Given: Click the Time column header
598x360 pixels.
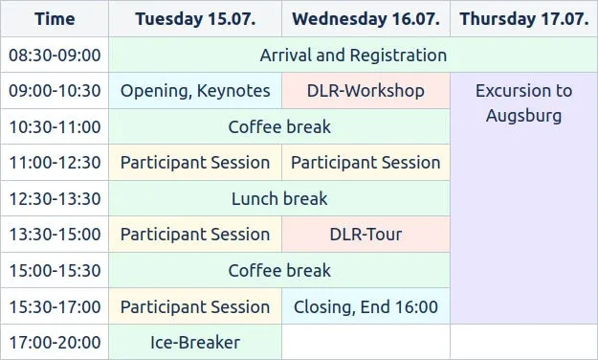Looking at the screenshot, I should pyautogui.click(x=55, y=19).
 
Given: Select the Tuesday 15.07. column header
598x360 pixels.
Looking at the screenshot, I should pyautogui.click(x=195, y=19).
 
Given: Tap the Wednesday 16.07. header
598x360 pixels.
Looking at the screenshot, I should pyautogui.click(x=365, y=19).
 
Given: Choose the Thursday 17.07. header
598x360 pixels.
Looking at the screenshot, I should pyautogui.click(x=523, y=19).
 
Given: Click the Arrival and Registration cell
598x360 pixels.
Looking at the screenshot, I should pyautogui.click(x=353, y=56).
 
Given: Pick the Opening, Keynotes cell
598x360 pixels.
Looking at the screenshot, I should pyautogui.click(x=195, y=91).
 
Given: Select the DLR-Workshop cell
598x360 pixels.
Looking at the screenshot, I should pyautogui.click(x=365, y=91).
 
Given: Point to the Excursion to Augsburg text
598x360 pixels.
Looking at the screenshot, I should pyautogui.click(x=523, y=103).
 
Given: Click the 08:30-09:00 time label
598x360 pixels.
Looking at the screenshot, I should pyautogui.click(x=55, y=56).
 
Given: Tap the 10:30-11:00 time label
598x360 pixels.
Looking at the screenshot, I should pyautogui.click(x=55, y=126).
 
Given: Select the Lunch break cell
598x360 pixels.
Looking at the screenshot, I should pyautogui.click(x=279, y=199).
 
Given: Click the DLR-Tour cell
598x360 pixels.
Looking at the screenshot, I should pyautogui.click(x=365, y=235).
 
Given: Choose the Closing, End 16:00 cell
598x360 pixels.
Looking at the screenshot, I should pyautogui.click(x=365, y=307).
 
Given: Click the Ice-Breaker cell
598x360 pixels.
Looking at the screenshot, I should pyautogui.click(x=195, y=342).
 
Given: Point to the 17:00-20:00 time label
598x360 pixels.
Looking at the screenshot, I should pyautogui.click(x=55, y=342).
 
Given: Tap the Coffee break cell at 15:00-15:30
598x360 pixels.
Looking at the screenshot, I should pyautogui.click(x=279, y=271).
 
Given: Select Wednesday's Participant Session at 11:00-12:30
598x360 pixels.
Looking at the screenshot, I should pyautogui.click(x=365, y=163).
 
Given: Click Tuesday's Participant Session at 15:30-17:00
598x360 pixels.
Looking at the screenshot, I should pyautogui.click(x=195, y=307).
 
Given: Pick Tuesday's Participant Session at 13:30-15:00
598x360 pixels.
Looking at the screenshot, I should pyautogui.click(x=195, y=235).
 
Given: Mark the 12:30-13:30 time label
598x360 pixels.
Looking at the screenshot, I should pyautogui.click(x=55, y=199).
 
